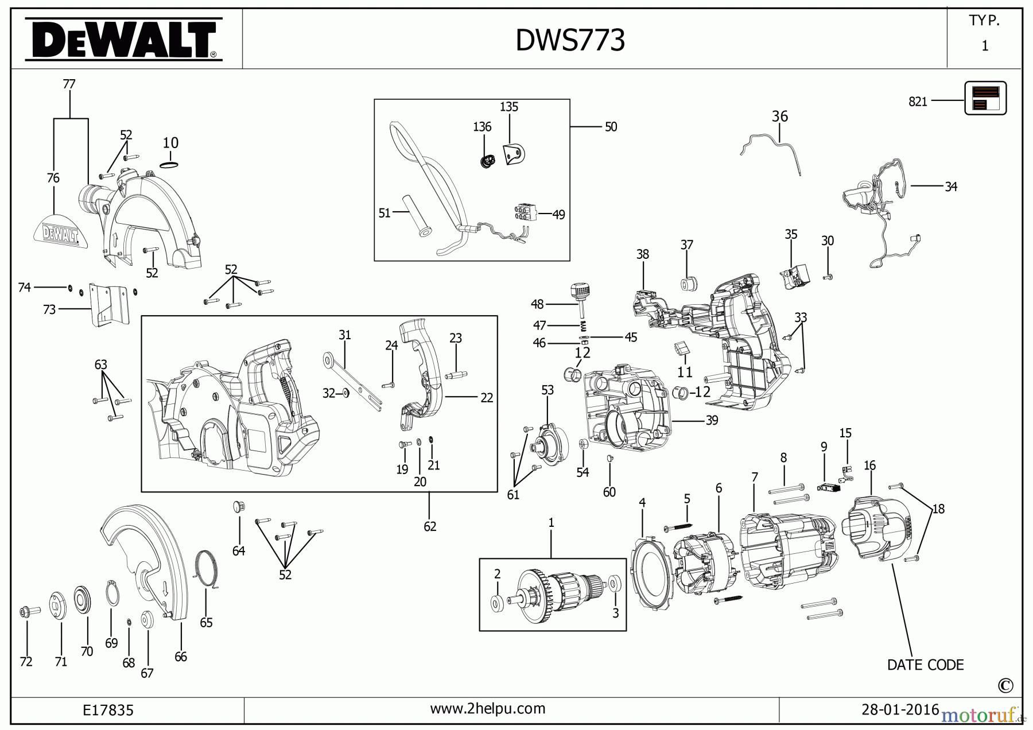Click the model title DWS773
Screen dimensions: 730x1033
tap(570, 40)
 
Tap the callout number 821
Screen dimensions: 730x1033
tap(918, 102)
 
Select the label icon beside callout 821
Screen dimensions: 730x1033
tap(985, 98)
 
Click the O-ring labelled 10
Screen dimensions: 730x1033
tap(169, 165)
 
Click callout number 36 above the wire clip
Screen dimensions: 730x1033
tap(779, 117)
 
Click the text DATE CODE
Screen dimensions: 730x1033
tap(925, 665)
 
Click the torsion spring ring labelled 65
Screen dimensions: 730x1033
tap(207, 568)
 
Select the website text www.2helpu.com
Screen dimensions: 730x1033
tap(487, 709)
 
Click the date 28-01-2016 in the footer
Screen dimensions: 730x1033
tap(900, 709)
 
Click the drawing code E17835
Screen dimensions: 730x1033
tap(108, 710)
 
